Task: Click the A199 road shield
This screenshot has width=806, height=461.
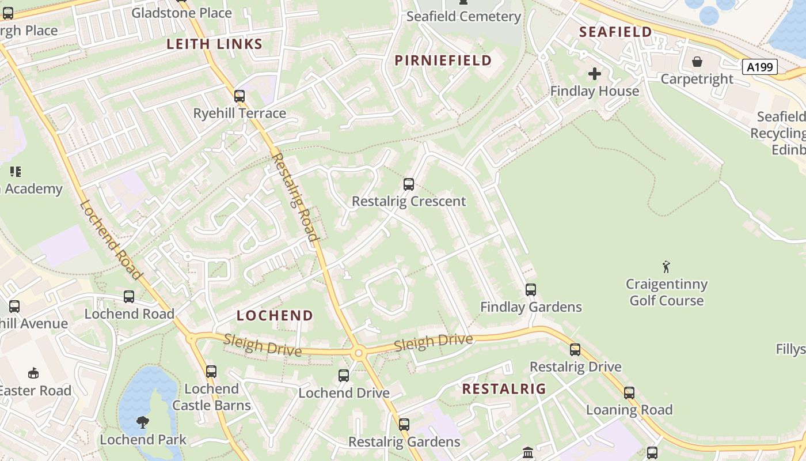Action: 760,67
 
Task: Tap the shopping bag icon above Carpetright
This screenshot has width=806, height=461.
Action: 697,61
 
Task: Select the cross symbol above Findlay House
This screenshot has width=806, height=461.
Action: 595,74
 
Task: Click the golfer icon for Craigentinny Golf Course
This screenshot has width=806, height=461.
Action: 667,267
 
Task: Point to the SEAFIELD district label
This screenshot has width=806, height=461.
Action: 615,32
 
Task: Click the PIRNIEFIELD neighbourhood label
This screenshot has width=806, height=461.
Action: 443,61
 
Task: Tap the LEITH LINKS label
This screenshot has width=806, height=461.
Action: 215,44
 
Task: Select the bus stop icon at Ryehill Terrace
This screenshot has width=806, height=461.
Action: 239,96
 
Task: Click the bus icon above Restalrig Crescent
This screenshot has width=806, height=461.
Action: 409,184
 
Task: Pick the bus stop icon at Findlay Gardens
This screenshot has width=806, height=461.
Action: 531,290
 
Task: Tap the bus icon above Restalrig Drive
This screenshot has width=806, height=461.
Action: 575,350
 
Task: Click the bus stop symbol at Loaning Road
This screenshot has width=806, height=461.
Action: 629,393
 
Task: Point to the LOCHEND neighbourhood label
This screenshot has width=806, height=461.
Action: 275,316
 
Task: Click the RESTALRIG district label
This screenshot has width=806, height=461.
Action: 504,389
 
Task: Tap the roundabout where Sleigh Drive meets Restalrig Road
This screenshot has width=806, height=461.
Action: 358,352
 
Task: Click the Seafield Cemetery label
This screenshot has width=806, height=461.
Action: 463,17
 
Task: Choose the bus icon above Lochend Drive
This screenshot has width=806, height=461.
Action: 344,376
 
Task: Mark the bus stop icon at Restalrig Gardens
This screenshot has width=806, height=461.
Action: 404,425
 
